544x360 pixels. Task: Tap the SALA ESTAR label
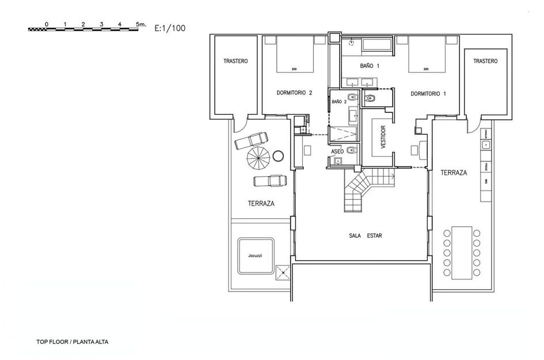(x=366, y=236)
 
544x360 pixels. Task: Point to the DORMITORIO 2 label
(x=294, y=93)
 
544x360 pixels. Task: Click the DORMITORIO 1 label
(x=428, y=93)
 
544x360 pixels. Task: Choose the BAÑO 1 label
(x=370, y=66)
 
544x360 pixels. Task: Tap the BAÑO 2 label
(x=339, y=102)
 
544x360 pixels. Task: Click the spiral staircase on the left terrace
(x=258, y=157)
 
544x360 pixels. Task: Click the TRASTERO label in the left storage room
(x=236, y=61)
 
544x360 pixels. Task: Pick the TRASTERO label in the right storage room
(x=485, y=61)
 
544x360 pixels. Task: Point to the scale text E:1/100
(x=170, y=27)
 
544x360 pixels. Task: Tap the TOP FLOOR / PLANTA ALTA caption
(x=72, y=342)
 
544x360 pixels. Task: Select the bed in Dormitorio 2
(x=294, y=55)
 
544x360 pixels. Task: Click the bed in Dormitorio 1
(x=427, y=55)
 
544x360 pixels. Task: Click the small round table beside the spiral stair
(x=279, y=156)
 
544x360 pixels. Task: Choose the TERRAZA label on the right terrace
(x=454, y=172)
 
